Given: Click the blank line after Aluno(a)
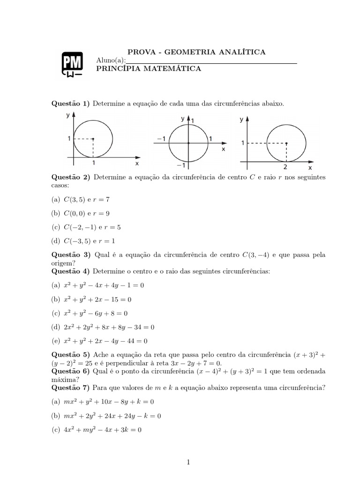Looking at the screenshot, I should pos(211,61).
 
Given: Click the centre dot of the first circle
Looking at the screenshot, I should pos(93,139).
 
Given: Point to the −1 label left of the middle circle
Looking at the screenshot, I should pos(161,139).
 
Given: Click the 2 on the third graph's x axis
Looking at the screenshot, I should pos(285,166).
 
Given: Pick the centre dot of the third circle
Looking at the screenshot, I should pos(286,143).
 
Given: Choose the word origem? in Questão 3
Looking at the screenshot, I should pos(64,263).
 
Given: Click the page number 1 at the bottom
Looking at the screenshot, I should pos(188,462).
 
